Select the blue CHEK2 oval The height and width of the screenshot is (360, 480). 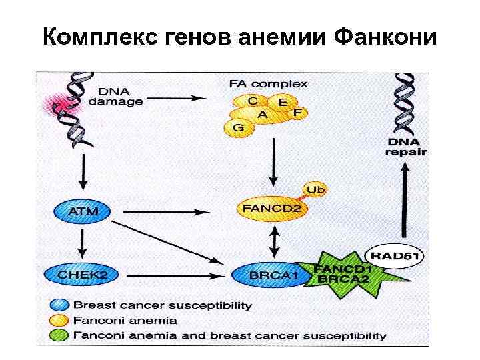[x=77, y=274]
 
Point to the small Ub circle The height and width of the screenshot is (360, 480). [x=317, y=190]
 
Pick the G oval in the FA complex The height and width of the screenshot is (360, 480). [x=239, y=127]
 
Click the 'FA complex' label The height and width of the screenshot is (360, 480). [x=268, y=84]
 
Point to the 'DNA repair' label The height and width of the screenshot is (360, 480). [x=407, y=146]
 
